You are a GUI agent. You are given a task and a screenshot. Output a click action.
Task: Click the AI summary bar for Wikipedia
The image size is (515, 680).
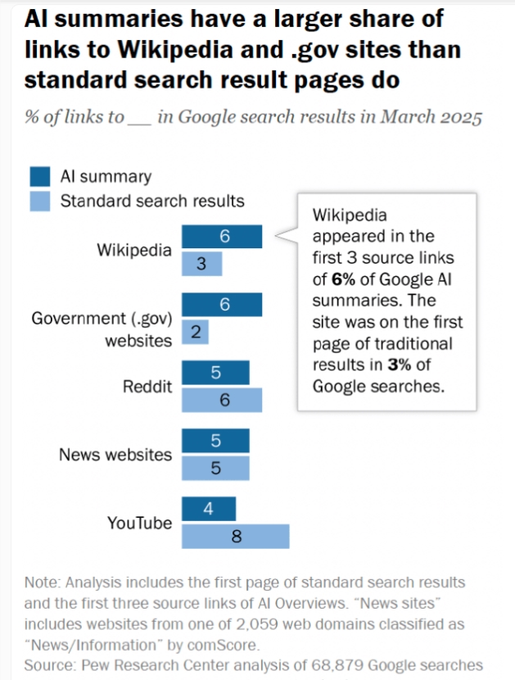pyautogui.click(x=222, y=237)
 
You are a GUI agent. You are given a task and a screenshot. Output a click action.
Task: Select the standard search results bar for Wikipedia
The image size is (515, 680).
pyautogui.click(x=201, y=264)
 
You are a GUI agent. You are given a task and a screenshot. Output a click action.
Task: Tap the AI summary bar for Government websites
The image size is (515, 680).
pyautogui.click(x=222, y=304)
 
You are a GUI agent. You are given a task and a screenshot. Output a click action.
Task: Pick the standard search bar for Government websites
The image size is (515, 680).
pyautogui.click(x=195, y=331)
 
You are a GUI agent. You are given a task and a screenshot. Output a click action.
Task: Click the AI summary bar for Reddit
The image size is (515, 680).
pyautogui.click(x=215, y=373)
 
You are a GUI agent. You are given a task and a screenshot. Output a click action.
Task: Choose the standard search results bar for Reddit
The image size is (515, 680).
pyautogui.click(x=222, y=400)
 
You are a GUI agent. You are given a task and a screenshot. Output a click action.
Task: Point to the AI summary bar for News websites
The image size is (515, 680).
pyautogui.click(x=215, y=441)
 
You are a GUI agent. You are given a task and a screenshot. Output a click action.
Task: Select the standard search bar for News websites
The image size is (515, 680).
pyautogui.click(x=215, y=468)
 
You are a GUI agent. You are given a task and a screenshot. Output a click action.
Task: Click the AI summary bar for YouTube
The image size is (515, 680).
pyautogui.click(x=208, y=509)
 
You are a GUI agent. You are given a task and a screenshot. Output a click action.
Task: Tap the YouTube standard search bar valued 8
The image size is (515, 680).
pyautogui.click(x=235, y=536)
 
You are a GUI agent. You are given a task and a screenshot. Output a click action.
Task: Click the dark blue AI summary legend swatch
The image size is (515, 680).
pyautogui.click(x=41, y=176)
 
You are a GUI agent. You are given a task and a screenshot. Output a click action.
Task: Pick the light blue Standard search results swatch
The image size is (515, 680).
pyautogui.click(x=41, y=200)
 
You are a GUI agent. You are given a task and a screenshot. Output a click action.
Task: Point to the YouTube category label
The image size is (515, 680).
pyautogui.click(x=140, y=522)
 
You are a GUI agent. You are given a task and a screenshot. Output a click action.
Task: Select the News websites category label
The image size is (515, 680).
pyautogui.click(x=115, y=454)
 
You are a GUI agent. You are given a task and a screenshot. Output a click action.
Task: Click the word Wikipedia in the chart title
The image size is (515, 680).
pyautogui.click(x=169, y=51)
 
